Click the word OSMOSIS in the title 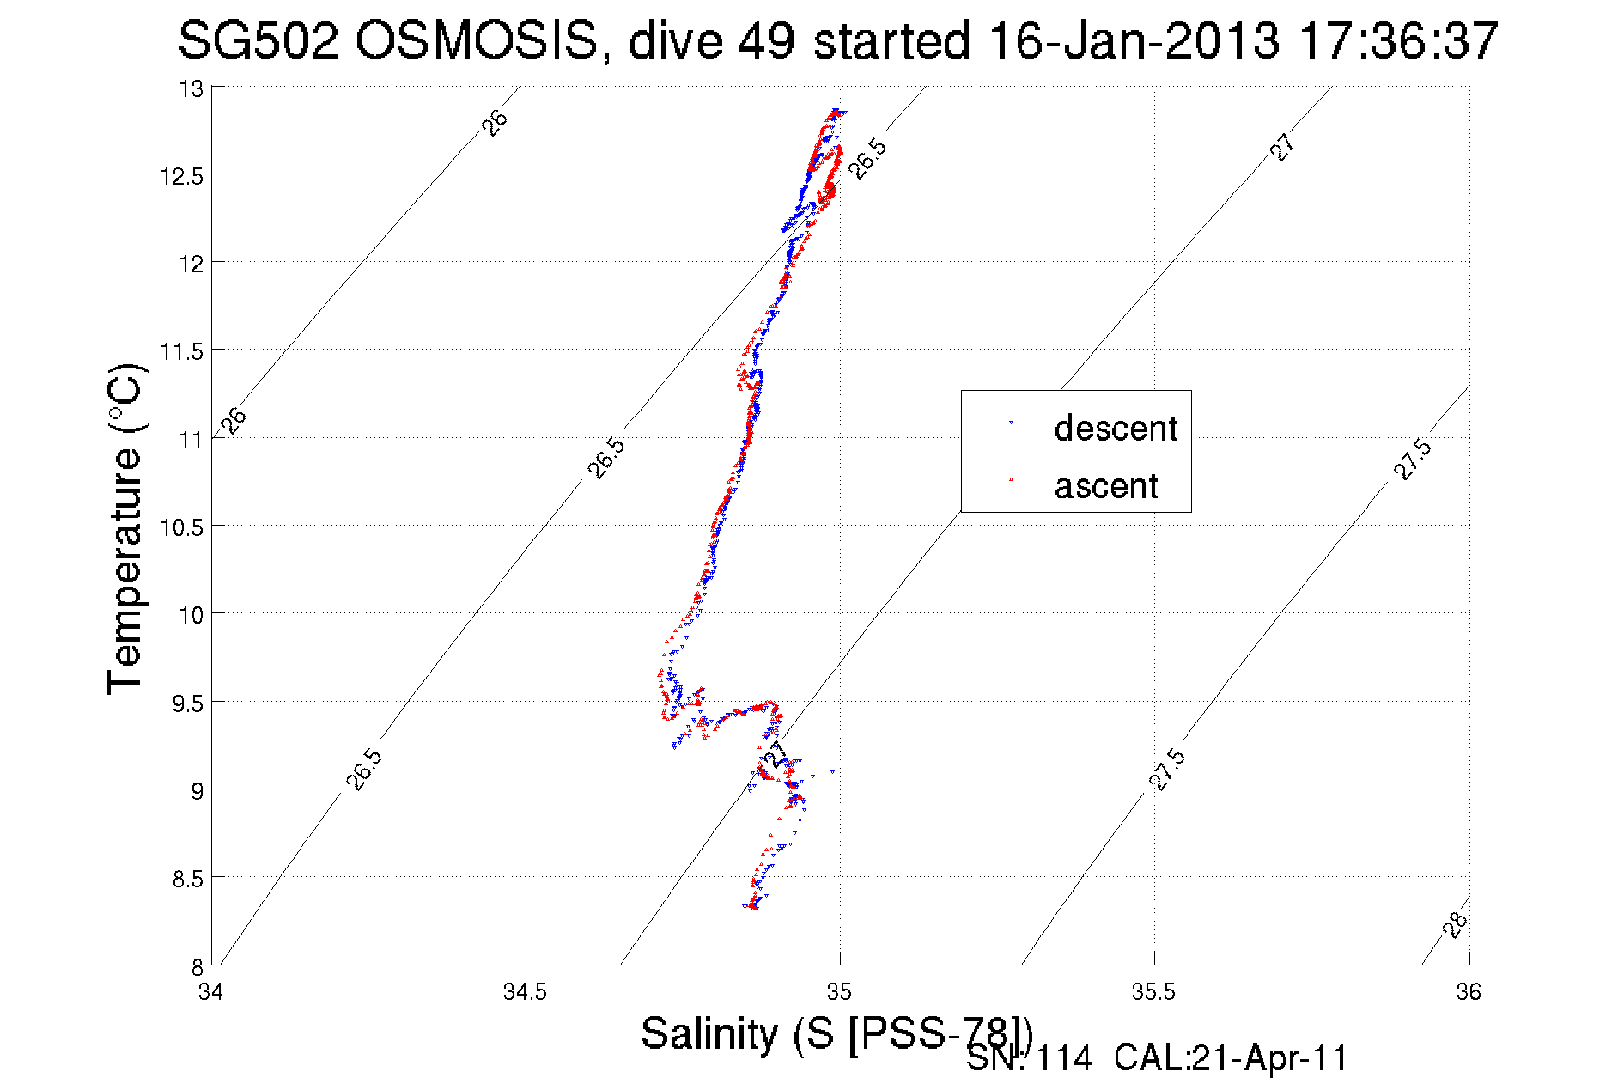click(x=476, y=40)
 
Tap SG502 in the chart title click(x=259, y=40)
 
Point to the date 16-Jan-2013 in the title click(x=1134, y=40)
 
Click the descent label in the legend click(x=1116, y=429)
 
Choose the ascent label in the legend click(x=1106, y=486)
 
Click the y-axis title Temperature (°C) click(x=125, y=528)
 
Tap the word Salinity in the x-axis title click(x=709, y=1033)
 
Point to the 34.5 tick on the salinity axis click(x=525, y=992)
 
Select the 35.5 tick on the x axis click(x=1153, y=992)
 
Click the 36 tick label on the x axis click(x=1468, y=992)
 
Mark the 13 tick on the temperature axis click(x=192, y=88)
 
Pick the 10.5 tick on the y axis click(x=182, y=527)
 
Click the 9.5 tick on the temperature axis click(x=187, y=703)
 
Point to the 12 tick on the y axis click(x=192, y=264)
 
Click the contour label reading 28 click(x=1455, y=925)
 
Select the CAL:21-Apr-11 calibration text click(x=1231, y=1058)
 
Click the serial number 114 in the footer click(x=1064, y=1058)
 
